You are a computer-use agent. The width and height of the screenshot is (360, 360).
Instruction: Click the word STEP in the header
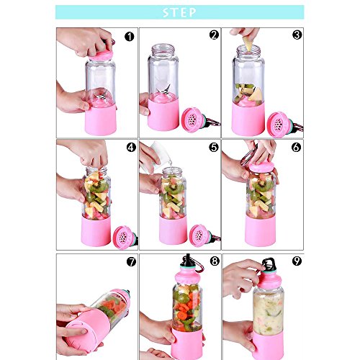pos(179,12)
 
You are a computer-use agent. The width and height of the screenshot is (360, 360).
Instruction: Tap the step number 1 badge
pos(130,37)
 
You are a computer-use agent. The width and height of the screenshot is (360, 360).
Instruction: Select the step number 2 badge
pos(214,35)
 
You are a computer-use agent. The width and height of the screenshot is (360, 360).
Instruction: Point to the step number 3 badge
pos(297,35)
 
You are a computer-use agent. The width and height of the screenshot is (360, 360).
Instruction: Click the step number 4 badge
pos(131,148)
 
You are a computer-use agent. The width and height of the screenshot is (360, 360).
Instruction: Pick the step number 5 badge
pos(214,147)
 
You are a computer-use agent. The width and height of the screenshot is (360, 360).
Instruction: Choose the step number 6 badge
pos(296,147)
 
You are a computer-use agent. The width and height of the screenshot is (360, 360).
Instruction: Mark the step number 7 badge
pos(131,261)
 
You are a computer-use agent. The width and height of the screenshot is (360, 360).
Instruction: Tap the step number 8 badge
pos(215,261)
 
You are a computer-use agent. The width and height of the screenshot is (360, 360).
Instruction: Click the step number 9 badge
pos(297,261)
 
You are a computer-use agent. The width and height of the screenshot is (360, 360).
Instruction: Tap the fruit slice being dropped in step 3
pos(248,44)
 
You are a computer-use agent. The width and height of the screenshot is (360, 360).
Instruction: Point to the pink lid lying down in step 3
pos(279,125)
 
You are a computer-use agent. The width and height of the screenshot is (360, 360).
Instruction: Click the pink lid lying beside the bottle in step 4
pos(124,237)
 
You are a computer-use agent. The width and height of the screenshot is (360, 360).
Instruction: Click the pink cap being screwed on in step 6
pos(261,166)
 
